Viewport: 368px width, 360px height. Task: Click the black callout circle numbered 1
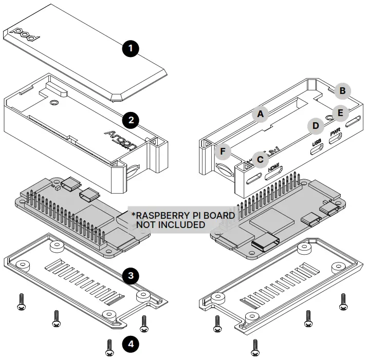[x=131, y=49]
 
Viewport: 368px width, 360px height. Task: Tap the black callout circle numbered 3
[x=131, y=276]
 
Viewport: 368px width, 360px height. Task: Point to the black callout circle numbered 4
[x=131, y=344]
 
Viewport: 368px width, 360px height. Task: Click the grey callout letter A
[x=261, y=114]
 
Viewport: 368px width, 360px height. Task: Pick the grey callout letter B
[x=341, y=91]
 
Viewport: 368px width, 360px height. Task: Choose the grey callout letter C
[x=261, y=160]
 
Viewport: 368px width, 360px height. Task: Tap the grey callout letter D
[x=316, y=125]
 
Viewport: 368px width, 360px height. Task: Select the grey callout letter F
[x=222, y=151]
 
